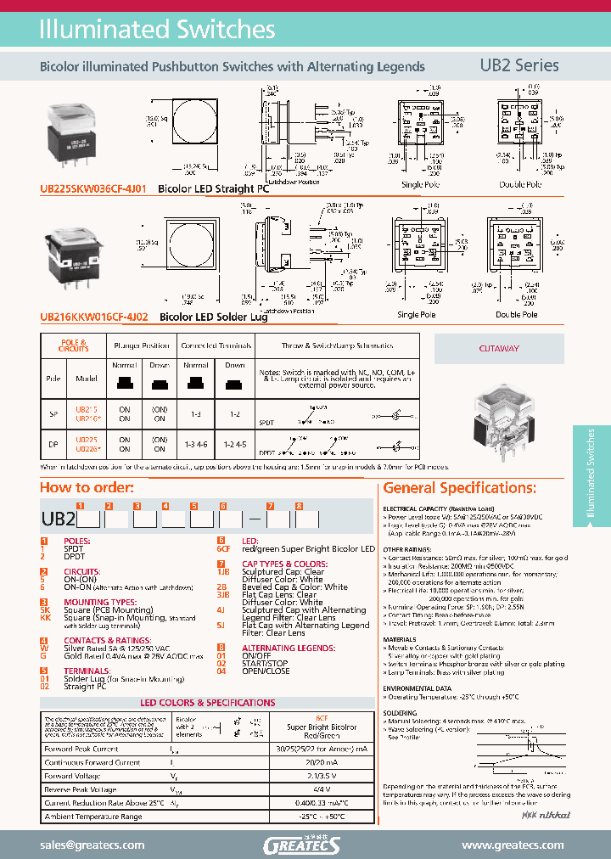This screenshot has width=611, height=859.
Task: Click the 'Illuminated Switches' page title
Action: (x=158, y=30)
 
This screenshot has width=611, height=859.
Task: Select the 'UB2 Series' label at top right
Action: (x=519, y=65)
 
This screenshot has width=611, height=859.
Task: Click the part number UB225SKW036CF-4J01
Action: (x=94, y=189)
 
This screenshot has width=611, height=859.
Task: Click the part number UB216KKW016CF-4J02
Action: (x=94, y=317)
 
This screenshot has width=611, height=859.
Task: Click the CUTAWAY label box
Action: (x=499, y=348)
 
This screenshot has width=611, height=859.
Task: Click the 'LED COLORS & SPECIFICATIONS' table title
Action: (x=207, y=703)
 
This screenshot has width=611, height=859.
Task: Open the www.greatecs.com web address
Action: (x=513, y=845)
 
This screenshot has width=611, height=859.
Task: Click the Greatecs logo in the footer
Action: (x=302, y=845)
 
